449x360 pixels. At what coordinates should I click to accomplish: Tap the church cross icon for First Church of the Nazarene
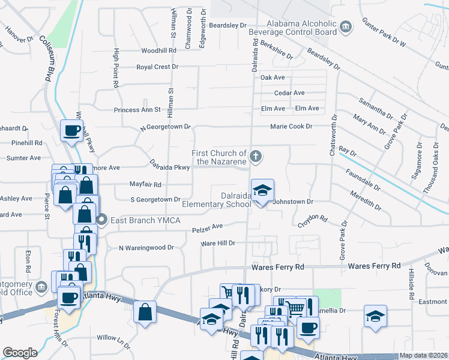256,157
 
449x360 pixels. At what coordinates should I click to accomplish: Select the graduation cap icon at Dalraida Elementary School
262,191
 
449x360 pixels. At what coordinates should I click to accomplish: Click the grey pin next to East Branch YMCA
101,220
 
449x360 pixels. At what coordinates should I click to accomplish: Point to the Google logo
20,353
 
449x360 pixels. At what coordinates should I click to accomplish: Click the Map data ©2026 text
423,355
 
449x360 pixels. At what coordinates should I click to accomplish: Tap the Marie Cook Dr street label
291,127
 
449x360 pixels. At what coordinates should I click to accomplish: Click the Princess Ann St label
137,110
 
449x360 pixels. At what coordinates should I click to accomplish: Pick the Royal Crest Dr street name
157,67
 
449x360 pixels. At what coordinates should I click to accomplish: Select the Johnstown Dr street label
294,202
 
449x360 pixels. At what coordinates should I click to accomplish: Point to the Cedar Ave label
289,93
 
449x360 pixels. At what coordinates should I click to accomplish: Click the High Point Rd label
116,68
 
